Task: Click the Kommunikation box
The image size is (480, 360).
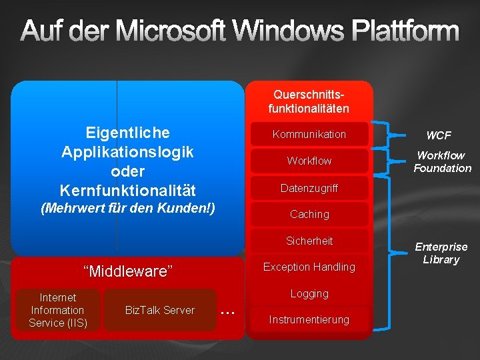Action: (309, 135)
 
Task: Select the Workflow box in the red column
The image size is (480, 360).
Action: (309, 161)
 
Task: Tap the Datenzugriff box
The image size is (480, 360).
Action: (309, 188)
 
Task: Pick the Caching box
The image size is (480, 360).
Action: (309, 214)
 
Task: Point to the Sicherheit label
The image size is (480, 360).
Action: (309, 241)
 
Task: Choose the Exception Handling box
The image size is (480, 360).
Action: (309, 267)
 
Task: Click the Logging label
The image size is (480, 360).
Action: (309, 293)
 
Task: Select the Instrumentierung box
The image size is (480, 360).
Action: (309, 320)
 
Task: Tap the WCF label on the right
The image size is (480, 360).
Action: (439, 135)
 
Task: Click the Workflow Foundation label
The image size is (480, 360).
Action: (442, 162)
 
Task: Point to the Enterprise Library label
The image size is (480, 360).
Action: (441, 253)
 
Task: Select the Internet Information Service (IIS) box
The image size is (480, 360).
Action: (58, 311)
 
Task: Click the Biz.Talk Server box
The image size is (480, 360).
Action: (160, 311)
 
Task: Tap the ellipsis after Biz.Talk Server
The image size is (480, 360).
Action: (228, 311)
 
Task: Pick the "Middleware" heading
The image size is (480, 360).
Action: (127, 271)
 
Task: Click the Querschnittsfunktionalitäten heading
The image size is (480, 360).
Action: (309, 101)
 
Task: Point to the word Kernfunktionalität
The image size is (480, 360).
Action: (127, 190)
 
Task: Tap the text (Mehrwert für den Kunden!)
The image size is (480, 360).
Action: (128, 208)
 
